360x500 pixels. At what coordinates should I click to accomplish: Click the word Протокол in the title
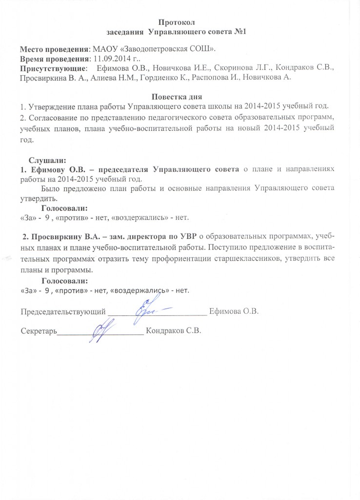click(x=180, y=22)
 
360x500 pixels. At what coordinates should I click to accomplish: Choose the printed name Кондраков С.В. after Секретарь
click(x=174, y=331)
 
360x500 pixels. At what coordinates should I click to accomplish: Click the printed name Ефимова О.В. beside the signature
click(x=233, y=311)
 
